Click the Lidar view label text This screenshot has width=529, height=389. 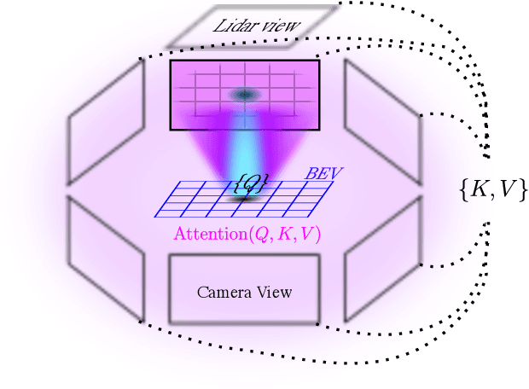point(257,26)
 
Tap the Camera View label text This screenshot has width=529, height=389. point(244,293)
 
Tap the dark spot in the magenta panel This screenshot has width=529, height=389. point(246,95)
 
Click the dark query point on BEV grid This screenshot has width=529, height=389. point(247,198)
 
